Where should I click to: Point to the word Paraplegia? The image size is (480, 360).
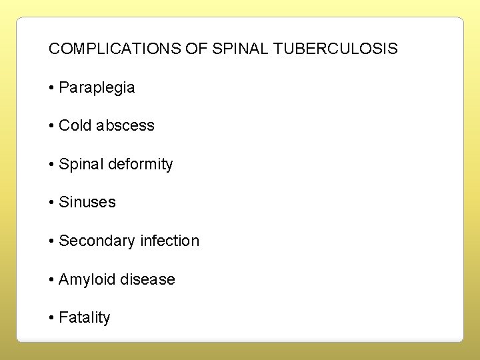click(97, 87)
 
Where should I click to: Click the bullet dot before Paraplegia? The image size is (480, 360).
click(52, 87)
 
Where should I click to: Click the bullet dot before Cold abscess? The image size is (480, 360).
click(52, 125)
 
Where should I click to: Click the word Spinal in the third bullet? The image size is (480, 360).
click(79, 164)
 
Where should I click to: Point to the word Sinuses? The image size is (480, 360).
click(87, 202)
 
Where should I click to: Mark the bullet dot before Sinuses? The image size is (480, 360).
click(52, 202)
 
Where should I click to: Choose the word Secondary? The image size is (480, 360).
click(97, 241)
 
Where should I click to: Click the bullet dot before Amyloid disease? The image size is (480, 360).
click(52, 279)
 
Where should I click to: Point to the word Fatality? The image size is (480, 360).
click(85, 317)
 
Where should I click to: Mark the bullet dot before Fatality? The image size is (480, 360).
click(52, 317)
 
